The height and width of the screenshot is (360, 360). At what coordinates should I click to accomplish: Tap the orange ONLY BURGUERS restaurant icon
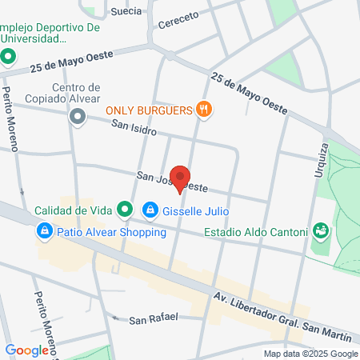[x=206, y=110]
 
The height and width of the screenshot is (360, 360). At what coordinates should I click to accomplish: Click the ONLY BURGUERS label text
[x=150, y=110]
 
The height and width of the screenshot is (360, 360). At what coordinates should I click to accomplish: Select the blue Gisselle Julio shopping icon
[x=150, y=211]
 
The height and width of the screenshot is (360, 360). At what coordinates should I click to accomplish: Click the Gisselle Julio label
[x=195, y=212]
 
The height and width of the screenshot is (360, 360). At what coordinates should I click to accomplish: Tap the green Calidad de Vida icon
[x=125, y=211]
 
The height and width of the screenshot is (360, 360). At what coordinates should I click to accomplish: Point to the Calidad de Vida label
[x=72, y=211]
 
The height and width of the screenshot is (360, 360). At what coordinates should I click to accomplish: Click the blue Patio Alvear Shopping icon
[x=45, y=233]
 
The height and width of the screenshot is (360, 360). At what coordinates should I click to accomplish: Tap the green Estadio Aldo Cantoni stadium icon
[x=322, y=232]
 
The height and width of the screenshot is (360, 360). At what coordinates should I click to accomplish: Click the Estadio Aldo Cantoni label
[x=255, y=233]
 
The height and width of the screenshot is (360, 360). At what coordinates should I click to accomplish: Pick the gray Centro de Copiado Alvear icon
[x=78, y=118]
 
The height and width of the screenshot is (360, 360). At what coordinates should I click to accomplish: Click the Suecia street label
[x=126, y=10]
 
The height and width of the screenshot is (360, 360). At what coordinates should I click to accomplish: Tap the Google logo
[x=26, y=350]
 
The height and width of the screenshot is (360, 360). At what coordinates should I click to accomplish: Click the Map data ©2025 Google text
[x=311, y=354]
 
